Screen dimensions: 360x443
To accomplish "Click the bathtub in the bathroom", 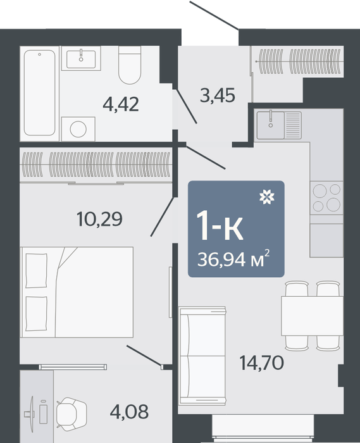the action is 39,93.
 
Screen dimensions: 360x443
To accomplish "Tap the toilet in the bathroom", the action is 130,65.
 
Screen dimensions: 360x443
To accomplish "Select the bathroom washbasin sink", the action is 81,59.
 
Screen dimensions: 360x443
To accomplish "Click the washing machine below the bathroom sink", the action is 78,129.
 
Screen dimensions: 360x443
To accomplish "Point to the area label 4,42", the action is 121,104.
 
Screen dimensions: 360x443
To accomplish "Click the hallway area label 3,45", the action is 218,95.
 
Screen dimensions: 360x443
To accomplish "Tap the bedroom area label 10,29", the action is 100,219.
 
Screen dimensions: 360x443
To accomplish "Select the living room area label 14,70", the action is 261,363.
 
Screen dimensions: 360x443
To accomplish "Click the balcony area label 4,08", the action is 129,411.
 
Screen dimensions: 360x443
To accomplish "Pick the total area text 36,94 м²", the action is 233,258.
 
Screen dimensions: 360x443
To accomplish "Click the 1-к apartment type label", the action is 220,227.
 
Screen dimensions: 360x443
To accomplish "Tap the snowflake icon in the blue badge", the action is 267,197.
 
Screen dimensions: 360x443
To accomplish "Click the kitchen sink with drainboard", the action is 278,125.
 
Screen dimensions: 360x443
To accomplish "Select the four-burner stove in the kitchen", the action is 326,197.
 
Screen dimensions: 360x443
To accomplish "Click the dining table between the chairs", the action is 313,316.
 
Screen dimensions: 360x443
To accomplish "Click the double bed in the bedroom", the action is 77,292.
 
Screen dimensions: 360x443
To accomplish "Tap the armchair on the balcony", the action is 71,414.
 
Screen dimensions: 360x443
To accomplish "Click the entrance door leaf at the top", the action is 214,15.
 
